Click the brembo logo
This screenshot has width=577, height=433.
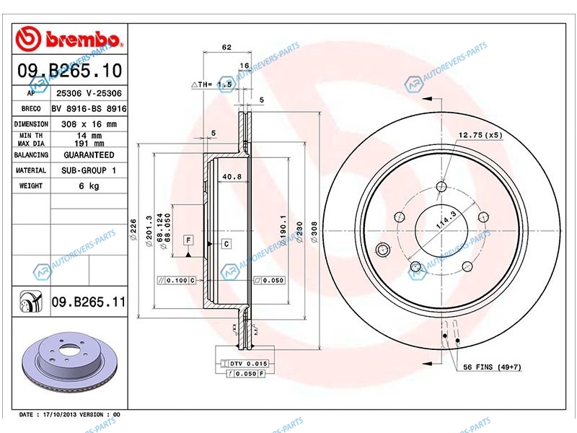(x=69, y=39)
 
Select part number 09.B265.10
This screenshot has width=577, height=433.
(x=69, y=70)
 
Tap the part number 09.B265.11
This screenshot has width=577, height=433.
(x=88, y=302)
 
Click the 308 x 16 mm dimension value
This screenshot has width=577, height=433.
(x=89, y=124)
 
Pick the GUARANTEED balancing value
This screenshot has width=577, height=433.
(x=89, y=155)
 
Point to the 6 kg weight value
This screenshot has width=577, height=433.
(x=89, y=186)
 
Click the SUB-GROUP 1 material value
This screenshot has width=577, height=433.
(x=89, y=170)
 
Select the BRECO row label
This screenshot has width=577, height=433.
(x=31, y=109)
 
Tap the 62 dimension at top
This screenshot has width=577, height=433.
(x=226, y=47)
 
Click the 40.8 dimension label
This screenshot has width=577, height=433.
(x=232, y=177)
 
